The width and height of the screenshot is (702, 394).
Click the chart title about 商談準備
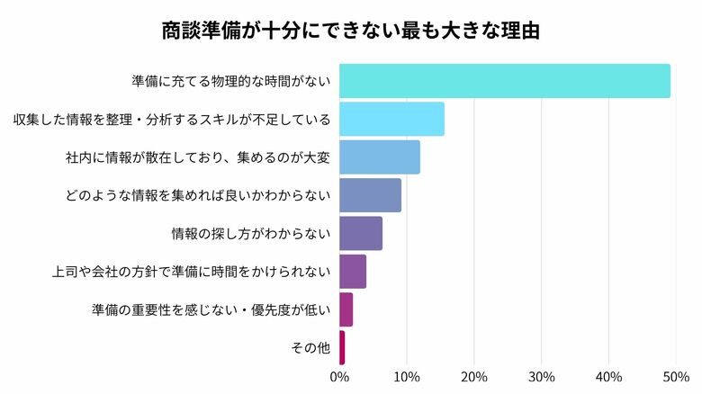point(350,30)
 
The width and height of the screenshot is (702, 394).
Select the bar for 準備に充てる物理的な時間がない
point(504,81)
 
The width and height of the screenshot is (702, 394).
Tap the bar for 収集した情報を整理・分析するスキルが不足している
point(391,119)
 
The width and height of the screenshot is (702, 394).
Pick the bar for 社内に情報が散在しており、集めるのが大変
point(379,157)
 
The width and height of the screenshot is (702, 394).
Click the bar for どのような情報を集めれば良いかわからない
point(370,195)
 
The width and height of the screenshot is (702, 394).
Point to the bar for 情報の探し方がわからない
point(360,234)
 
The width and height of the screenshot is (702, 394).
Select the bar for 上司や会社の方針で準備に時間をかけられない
point(352,272)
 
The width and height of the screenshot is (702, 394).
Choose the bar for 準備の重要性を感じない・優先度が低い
point(346,309)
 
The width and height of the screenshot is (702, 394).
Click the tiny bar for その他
point(342,347)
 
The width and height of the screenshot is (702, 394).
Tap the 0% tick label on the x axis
point(339,375)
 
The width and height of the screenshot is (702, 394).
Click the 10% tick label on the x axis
point(407,375)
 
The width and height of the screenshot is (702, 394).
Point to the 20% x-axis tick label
point(474,375)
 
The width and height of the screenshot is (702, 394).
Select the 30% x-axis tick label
point(542,375)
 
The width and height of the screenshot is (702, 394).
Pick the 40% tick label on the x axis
point(609,375)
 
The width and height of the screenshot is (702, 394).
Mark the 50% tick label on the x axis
point(676,375)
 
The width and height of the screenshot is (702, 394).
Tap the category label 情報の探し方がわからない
point(251,234)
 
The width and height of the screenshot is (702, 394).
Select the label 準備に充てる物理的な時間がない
point(231,81)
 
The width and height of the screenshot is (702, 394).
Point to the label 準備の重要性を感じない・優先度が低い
point(211,309)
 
